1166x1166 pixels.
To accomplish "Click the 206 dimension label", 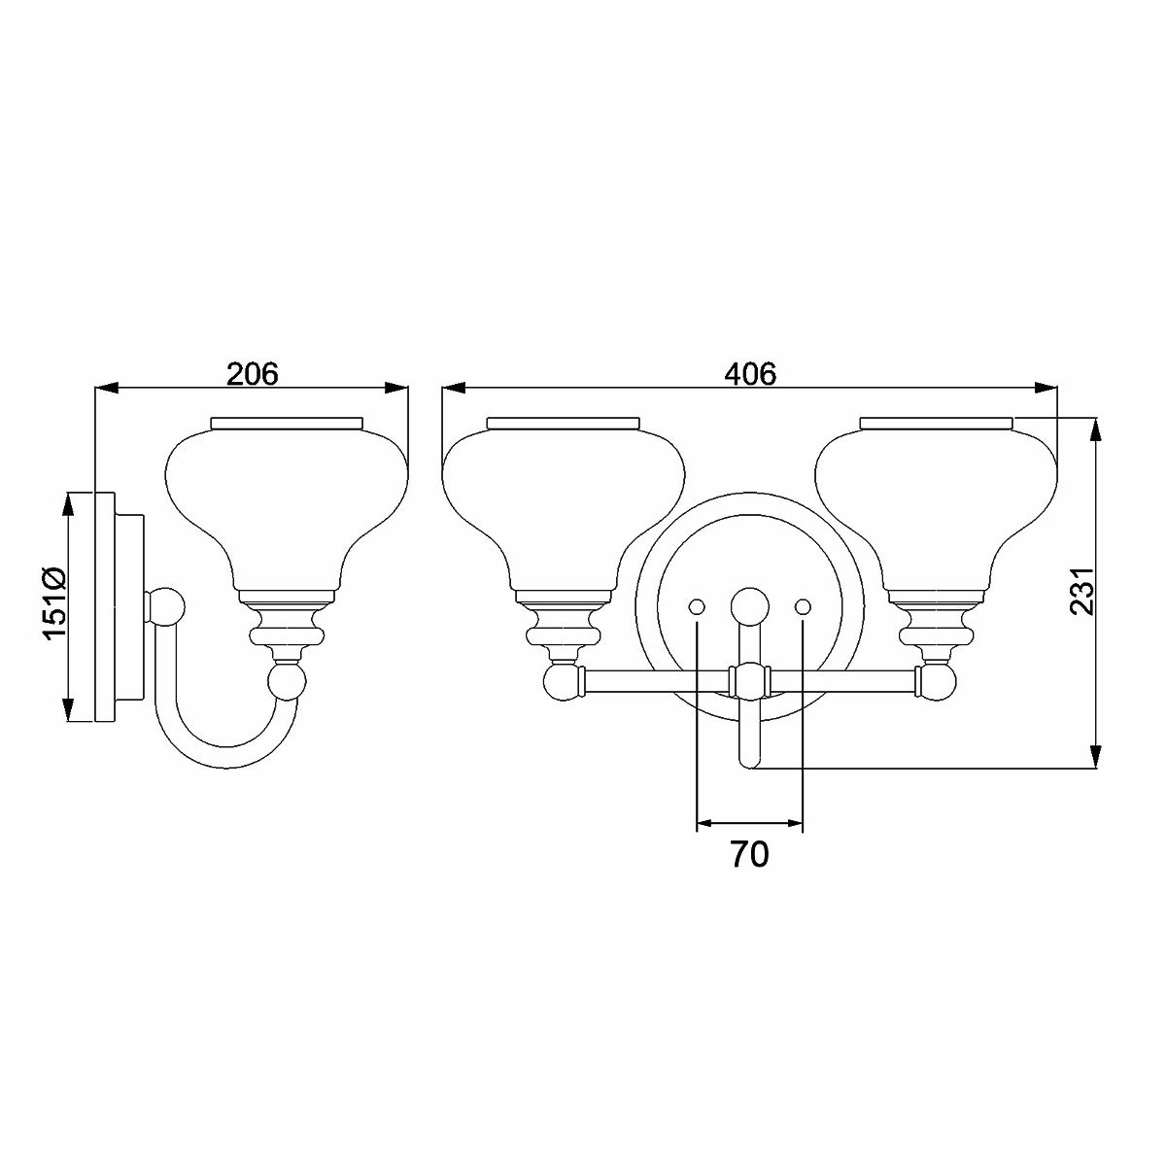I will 252,374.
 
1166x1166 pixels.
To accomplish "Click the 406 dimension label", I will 750,374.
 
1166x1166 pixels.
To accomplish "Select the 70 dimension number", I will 749,854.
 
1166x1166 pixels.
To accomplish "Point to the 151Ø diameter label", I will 53,603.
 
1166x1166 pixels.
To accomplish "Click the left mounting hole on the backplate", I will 697,606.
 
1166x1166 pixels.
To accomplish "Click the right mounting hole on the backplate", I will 803,606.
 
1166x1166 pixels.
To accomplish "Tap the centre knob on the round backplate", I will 749,605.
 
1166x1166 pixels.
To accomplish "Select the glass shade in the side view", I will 288,505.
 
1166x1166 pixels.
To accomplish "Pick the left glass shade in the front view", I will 563,505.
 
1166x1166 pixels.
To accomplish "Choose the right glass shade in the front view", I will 937,505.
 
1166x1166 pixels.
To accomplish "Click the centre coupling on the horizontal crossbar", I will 749,680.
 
